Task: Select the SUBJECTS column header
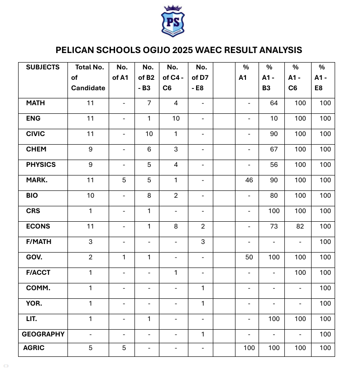coord(43,67)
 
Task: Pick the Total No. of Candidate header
coord(89,78)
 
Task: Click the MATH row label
coord(35,103)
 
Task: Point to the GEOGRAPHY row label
coord(43,334)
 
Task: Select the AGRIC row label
coord(34,348)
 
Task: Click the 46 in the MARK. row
coord(249,180)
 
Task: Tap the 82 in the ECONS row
coord(300,226)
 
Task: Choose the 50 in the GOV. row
coord(249,257)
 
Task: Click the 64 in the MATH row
coord(274,103)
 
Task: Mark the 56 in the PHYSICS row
coord(274,165)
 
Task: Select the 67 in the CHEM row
coord(274,149)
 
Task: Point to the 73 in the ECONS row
coord(274,226)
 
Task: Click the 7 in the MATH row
coord(149,103)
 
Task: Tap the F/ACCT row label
coord(38,273)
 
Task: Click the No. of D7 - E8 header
coord(202,78)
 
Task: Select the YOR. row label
coord(34,303)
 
